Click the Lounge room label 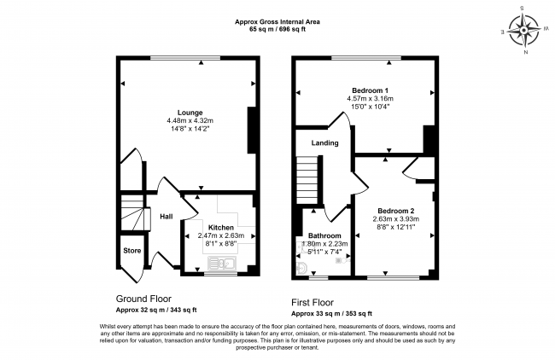190,113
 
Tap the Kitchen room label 221,228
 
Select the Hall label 166,217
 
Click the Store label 132,251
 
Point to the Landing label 325,142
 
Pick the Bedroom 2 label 395,211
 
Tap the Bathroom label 324,235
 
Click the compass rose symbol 523,31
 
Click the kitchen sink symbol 222,264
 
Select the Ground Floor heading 143,299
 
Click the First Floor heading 313,303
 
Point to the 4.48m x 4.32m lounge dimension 190,121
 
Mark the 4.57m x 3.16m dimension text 370,99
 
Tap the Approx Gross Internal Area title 277,21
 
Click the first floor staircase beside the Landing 307,179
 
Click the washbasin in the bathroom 301,269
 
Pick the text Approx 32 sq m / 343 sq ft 156,311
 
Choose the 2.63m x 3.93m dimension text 395,219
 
